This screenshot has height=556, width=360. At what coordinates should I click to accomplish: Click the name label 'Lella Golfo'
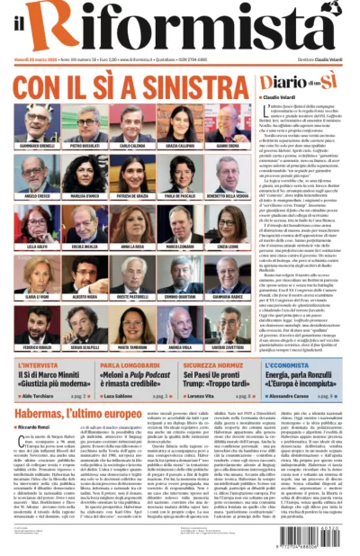point(35,245)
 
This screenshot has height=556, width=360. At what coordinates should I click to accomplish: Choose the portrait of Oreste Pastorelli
point(132,274)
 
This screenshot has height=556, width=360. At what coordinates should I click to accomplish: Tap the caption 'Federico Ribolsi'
point(35,345)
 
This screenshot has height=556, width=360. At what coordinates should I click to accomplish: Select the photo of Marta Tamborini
point(132,325)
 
